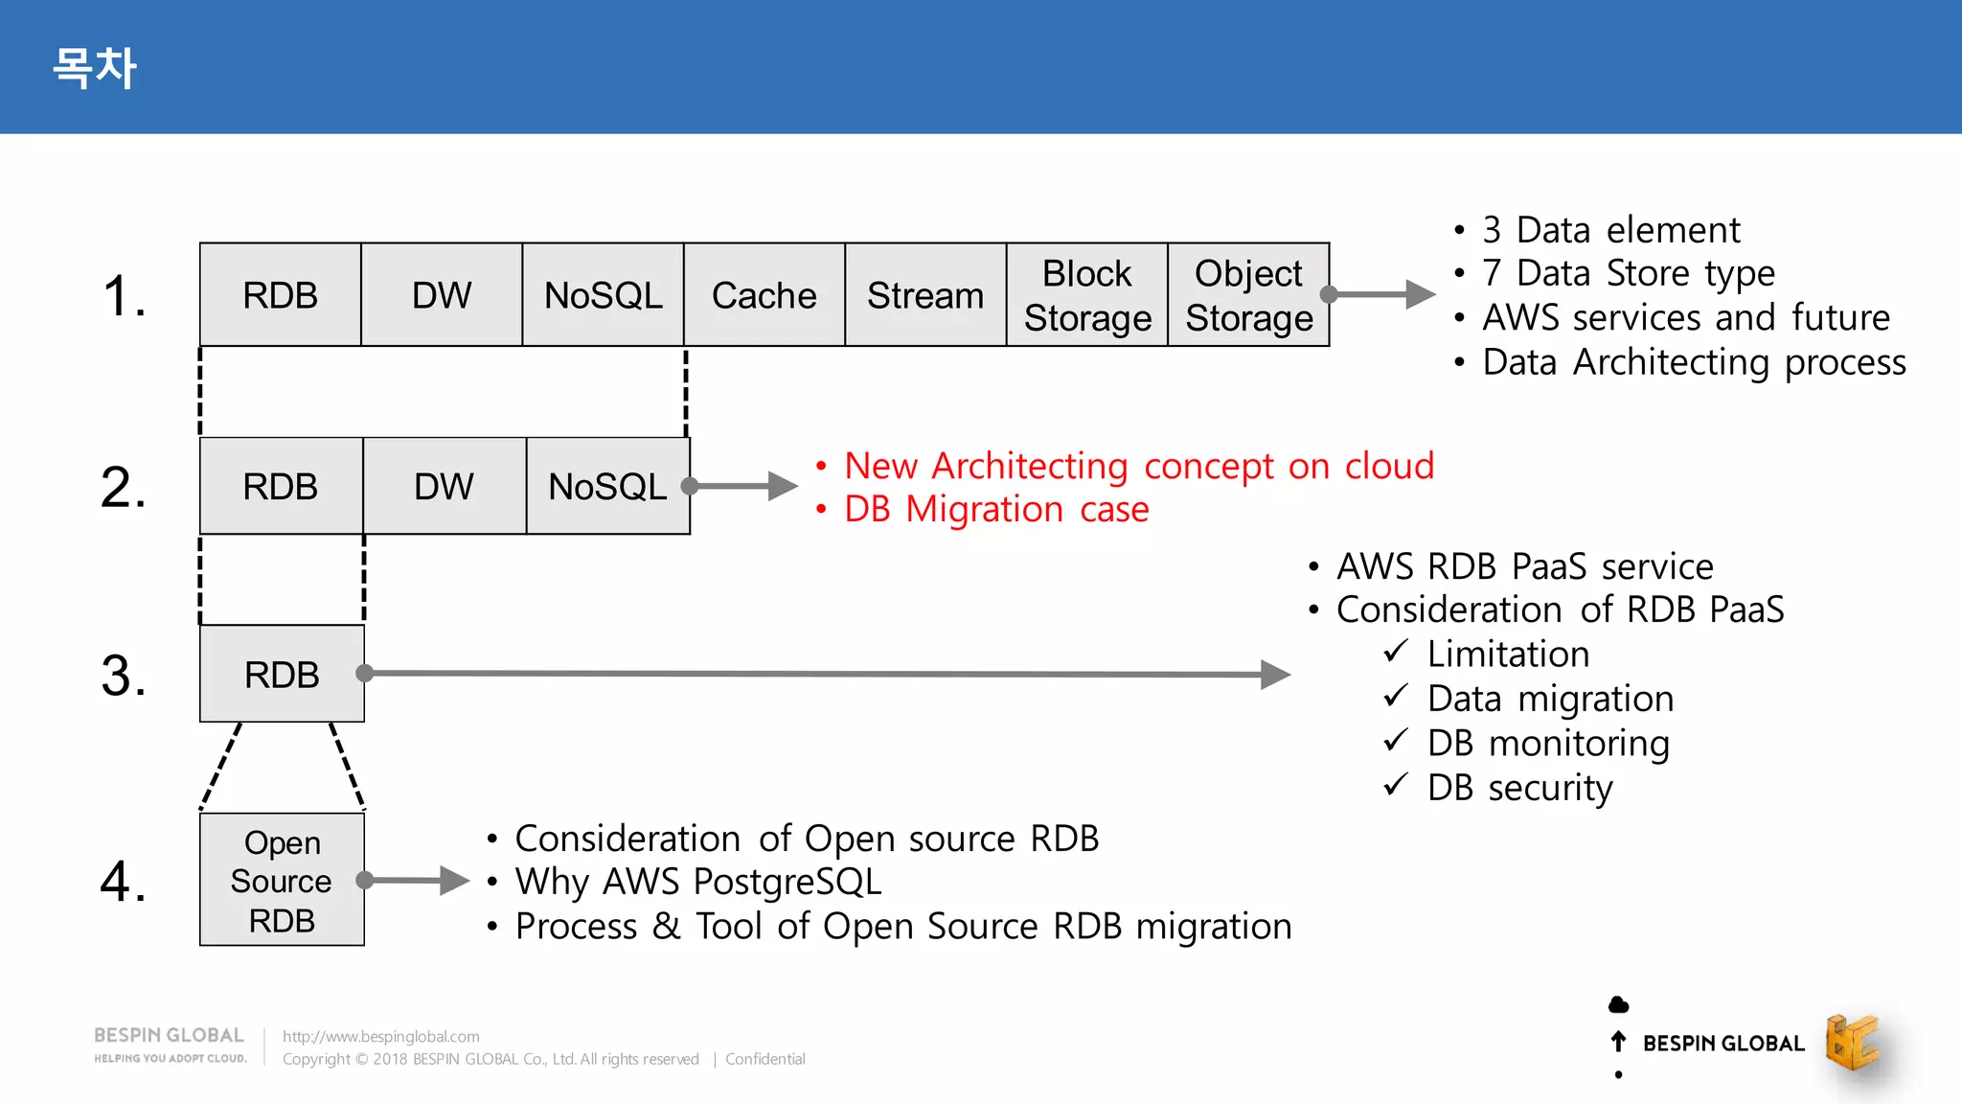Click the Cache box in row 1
click(764, 295)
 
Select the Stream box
click(924, 295)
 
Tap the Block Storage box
click(1086, 295)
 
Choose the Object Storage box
click(1247, 295)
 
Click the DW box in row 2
click(444, 486)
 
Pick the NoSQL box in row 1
click(603, 295)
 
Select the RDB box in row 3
click(282, 674)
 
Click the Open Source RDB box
click(282, 880)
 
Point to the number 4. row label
click(124, 881)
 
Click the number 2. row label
click(124, 487)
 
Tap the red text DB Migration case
click(995, 509)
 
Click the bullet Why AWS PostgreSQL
click(697, 882)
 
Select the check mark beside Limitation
click(1396, 652)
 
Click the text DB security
click(1519, 788)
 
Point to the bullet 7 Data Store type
click(1628, 273)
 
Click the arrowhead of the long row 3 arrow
click(1276, 675)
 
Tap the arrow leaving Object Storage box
click(1380, 294)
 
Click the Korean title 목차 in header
click(94, 68)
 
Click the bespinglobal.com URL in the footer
click(380, 1036)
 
